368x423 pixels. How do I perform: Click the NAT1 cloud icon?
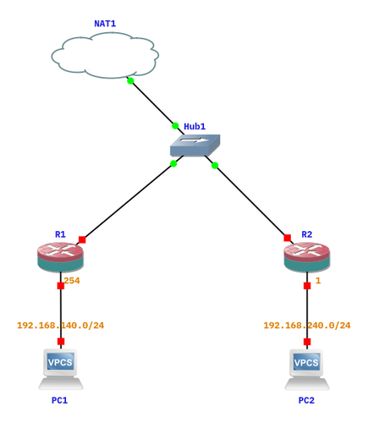pyautogui.click(x=105, y=55)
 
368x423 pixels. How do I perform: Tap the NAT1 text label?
pyautogui.click(x=105, y=24)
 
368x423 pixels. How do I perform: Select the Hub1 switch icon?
pyautogui.click(x=195, y=146)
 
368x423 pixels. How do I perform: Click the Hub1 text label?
pyautogui.click(x=195, y=126)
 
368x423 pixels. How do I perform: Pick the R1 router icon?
pyautogui.click(x=60, y=256)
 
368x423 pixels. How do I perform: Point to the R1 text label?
pyautogui.click(x=60, y=234)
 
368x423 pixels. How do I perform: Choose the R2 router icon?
pyautogui.click(x=307, y=256)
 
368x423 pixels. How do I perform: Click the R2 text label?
pyautogui.click(x=307, y=234)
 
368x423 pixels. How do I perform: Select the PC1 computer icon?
pyautogui.click(x=61, y=370)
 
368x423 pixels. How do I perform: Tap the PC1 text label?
pyautogui.click(x=59, y=400)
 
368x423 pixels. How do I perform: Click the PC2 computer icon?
pyautogui.click(x=307, y=370)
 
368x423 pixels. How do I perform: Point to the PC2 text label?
pyautogui.click(x=306, y=400)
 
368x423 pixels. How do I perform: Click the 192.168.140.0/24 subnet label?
pyautogui.click(x=61, y=326)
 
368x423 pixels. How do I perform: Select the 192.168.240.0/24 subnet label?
pyautogui.click(x=307, y=326)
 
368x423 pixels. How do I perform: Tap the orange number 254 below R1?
pyautogui.click(x=72, y=281)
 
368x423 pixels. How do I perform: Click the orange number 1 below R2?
pyautogui.click(x=318, y=281)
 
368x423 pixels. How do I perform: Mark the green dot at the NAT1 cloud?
pyautogui.click(x=130, y=81)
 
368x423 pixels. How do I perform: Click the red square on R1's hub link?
pyautogui.click(x=82, y=239)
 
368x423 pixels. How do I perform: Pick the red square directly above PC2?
pyautogui.click(x=307, y=342)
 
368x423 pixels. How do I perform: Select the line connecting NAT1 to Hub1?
pyautogui.click(x=153, y=103)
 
